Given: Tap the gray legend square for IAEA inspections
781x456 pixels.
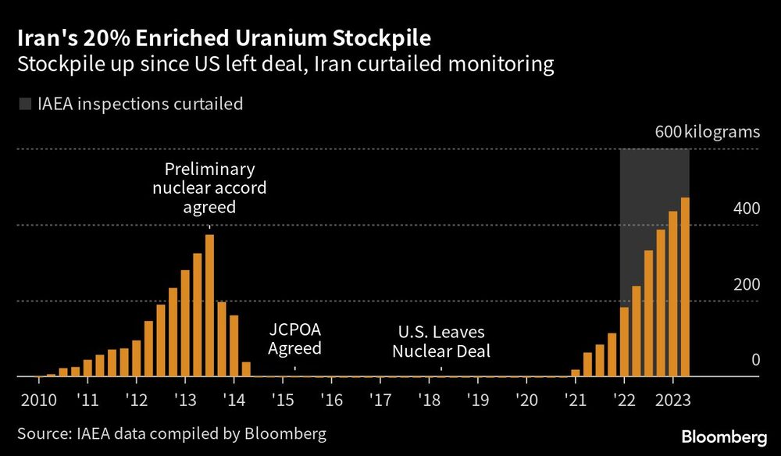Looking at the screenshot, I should coord(24,103).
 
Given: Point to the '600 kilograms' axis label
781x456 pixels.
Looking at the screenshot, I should coord(707,131).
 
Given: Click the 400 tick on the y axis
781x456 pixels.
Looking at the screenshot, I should coord(747,208).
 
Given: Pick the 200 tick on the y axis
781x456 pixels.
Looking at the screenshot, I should coord(747,284).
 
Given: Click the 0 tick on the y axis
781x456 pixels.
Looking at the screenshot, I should coord(755,360).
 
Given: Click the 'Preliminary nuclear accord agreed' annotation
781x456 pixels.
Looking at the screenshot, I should coord(209,188).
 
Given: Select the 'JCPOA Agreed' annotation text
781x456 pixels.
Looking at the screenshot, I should coord(294,340).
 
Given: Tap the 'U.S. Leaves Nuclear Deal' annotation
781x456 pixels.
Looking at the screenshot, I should coord(441,341).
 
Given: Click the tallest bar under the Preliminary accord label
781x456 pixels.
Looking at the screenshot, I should coord(209,305).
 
